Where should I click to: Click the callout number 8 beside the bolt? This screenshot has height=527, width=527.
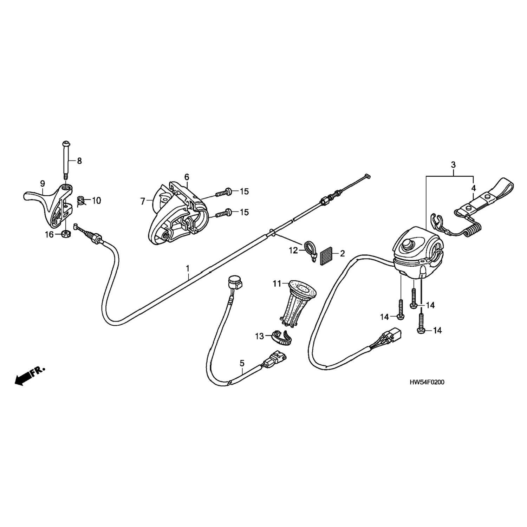(x=79, y=161)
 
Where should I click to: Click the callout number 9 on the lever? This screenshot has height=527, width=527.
(x=43, y=183)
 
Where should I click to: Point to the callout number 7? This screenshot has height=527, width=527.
(x=143, y=201)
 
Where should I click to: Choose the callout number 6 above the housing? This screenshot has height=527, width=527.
(x=187, y=176)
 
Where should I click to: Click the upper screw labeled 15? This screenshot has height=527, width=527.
(x=223, y=192)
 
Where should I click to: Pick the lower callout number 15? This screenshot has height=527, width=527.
(x=244, y=212)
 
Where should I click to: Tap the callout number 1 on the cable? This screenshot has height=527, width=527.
(x=188, y=269)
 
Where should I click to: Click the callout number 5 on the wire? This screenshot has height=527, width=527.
(x=242, y=362)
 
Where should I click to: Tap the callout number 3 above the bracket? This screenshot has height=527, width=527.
(x=453, y=164)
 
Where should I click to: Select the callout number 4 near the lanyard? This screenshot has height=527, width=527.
(x=473, y=188)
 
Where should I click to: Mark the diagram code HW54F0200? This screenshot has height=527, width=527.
(x=427, y=382)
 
